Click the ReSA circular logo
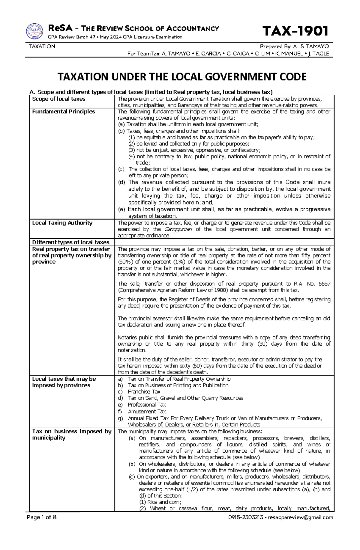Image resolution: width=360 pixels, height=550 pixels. (x=34, y=31)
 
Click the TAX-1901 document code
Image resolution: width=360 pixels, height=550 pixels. (x=295, y=31)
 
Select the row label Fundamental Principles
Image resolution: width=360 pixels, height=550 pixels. (x=63, y=111)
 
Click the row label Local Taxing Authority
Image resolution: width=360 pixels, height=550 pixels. (x=62, y=223)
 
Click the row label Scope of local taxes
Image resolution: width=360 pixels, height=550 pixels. (x=58, y=99)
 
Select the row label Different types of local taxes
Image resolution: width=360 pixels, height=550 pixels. (x=70, y=242)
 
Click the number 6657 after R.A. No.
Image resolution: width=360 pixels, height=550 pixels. (x=324, y=284)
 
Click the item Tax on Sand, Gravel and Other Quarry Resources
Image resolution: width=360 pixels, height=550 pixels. (x=185, y=398)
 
